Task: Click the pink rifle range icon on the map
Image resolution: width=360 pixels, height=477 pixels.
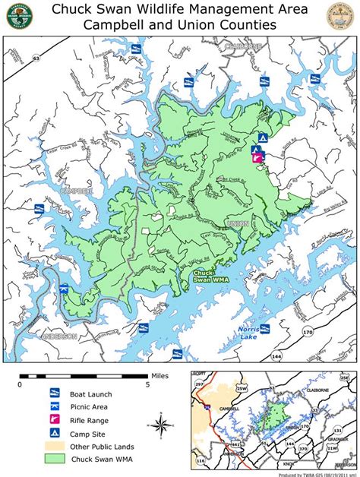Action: (258, 160)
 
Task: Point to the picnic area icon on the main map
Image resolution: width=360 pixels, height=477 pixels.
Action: (257, 150)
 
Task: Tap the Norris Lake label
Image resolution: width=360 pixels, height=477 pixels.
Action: (248, 332)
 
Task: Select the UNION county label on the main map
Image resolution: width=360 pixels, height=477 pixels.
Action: (236, 224)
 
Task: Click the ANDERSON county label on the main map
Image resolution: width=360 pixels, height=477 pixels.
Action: (58, 336)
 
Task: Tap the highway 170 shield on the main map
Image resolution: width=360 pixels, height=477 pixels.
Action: (308, 332)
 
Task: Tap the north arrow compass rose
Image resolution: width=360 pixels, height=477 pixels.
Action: (162, 423)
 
